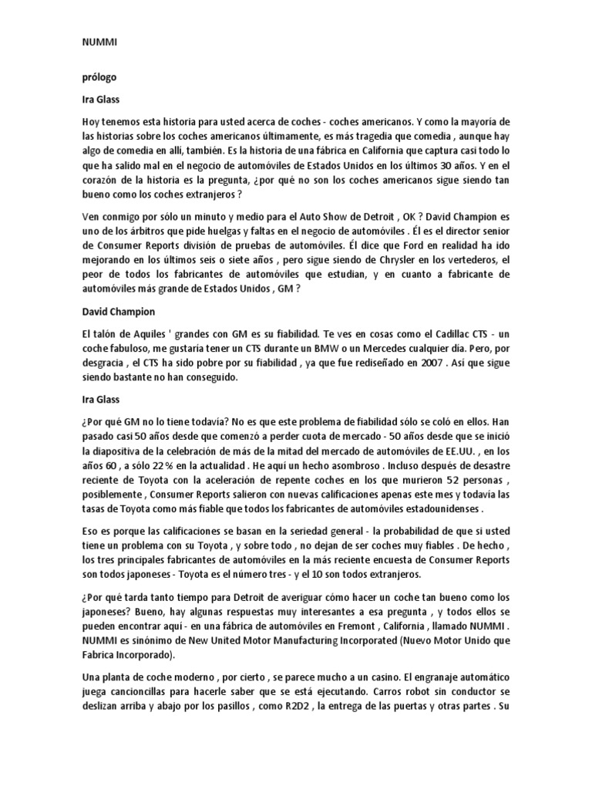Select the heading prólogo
(99, 78)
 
